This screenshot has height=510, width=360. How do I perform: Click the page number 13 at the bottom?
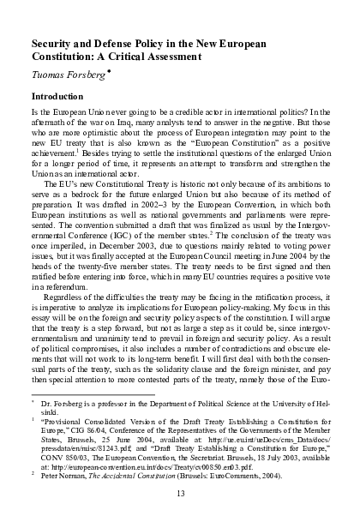coord(179,492)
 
